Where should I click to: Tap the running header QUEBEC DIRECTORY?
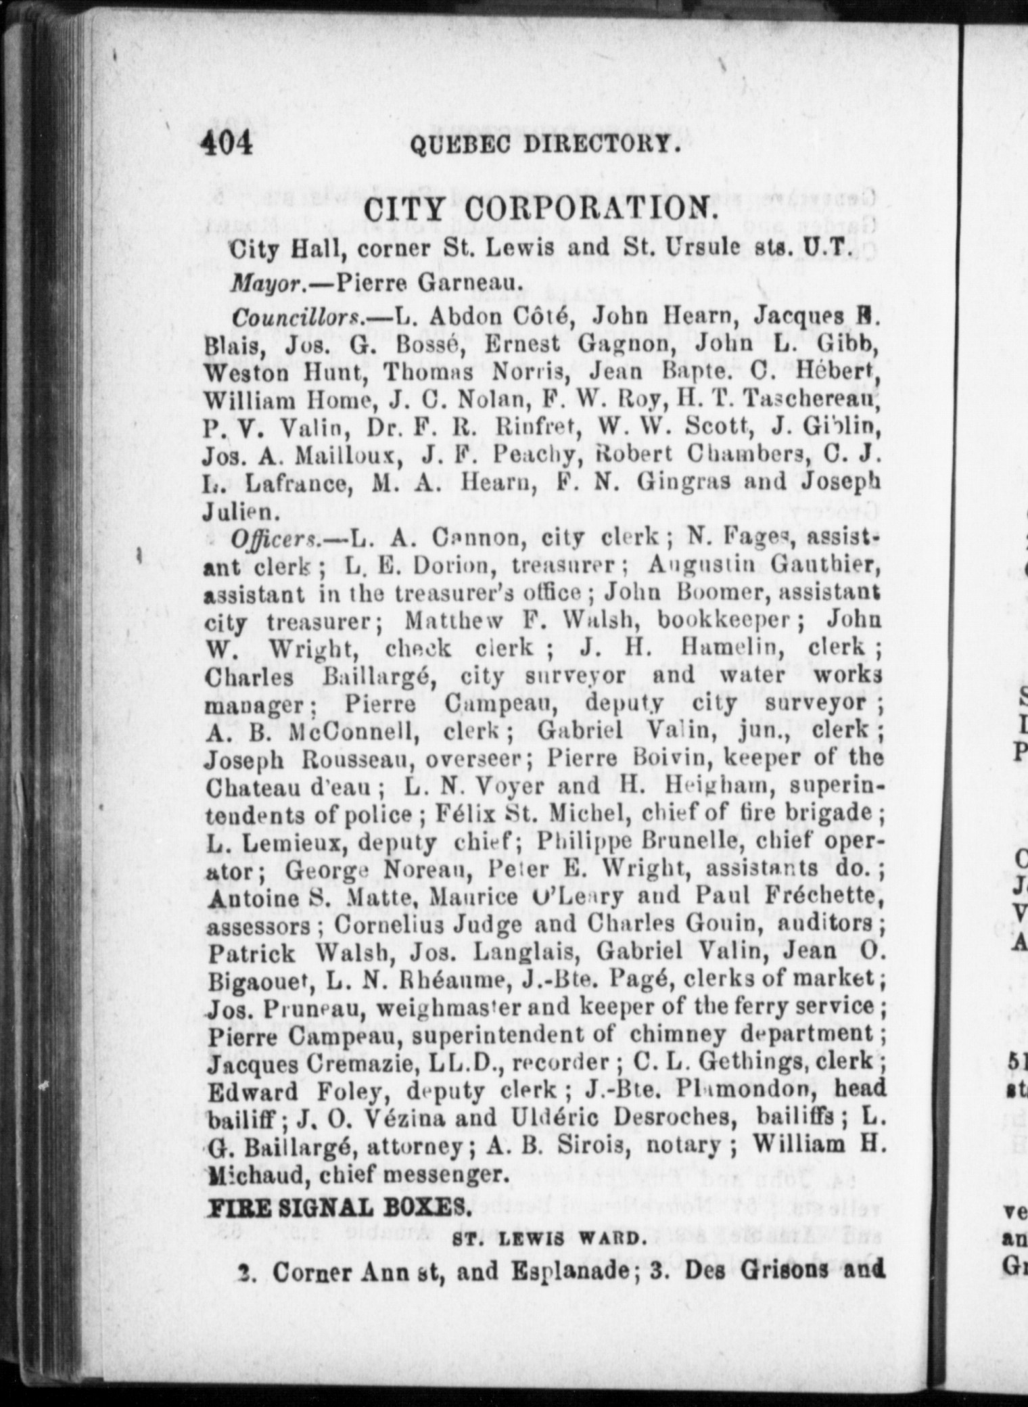[542, 145]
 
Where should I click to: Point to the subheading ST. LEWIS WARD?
[545, 1239]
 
